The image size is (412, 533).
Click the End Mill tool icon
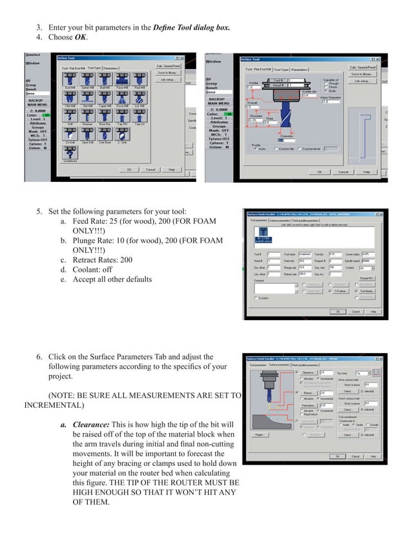tap(68, 81)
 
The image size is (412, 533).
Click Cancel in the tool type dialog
tap(150, 170)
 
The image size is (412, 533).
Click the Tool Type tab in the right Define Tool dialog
tap(281, 69)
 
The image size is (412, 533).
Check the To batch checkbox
tap(256, 298)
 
